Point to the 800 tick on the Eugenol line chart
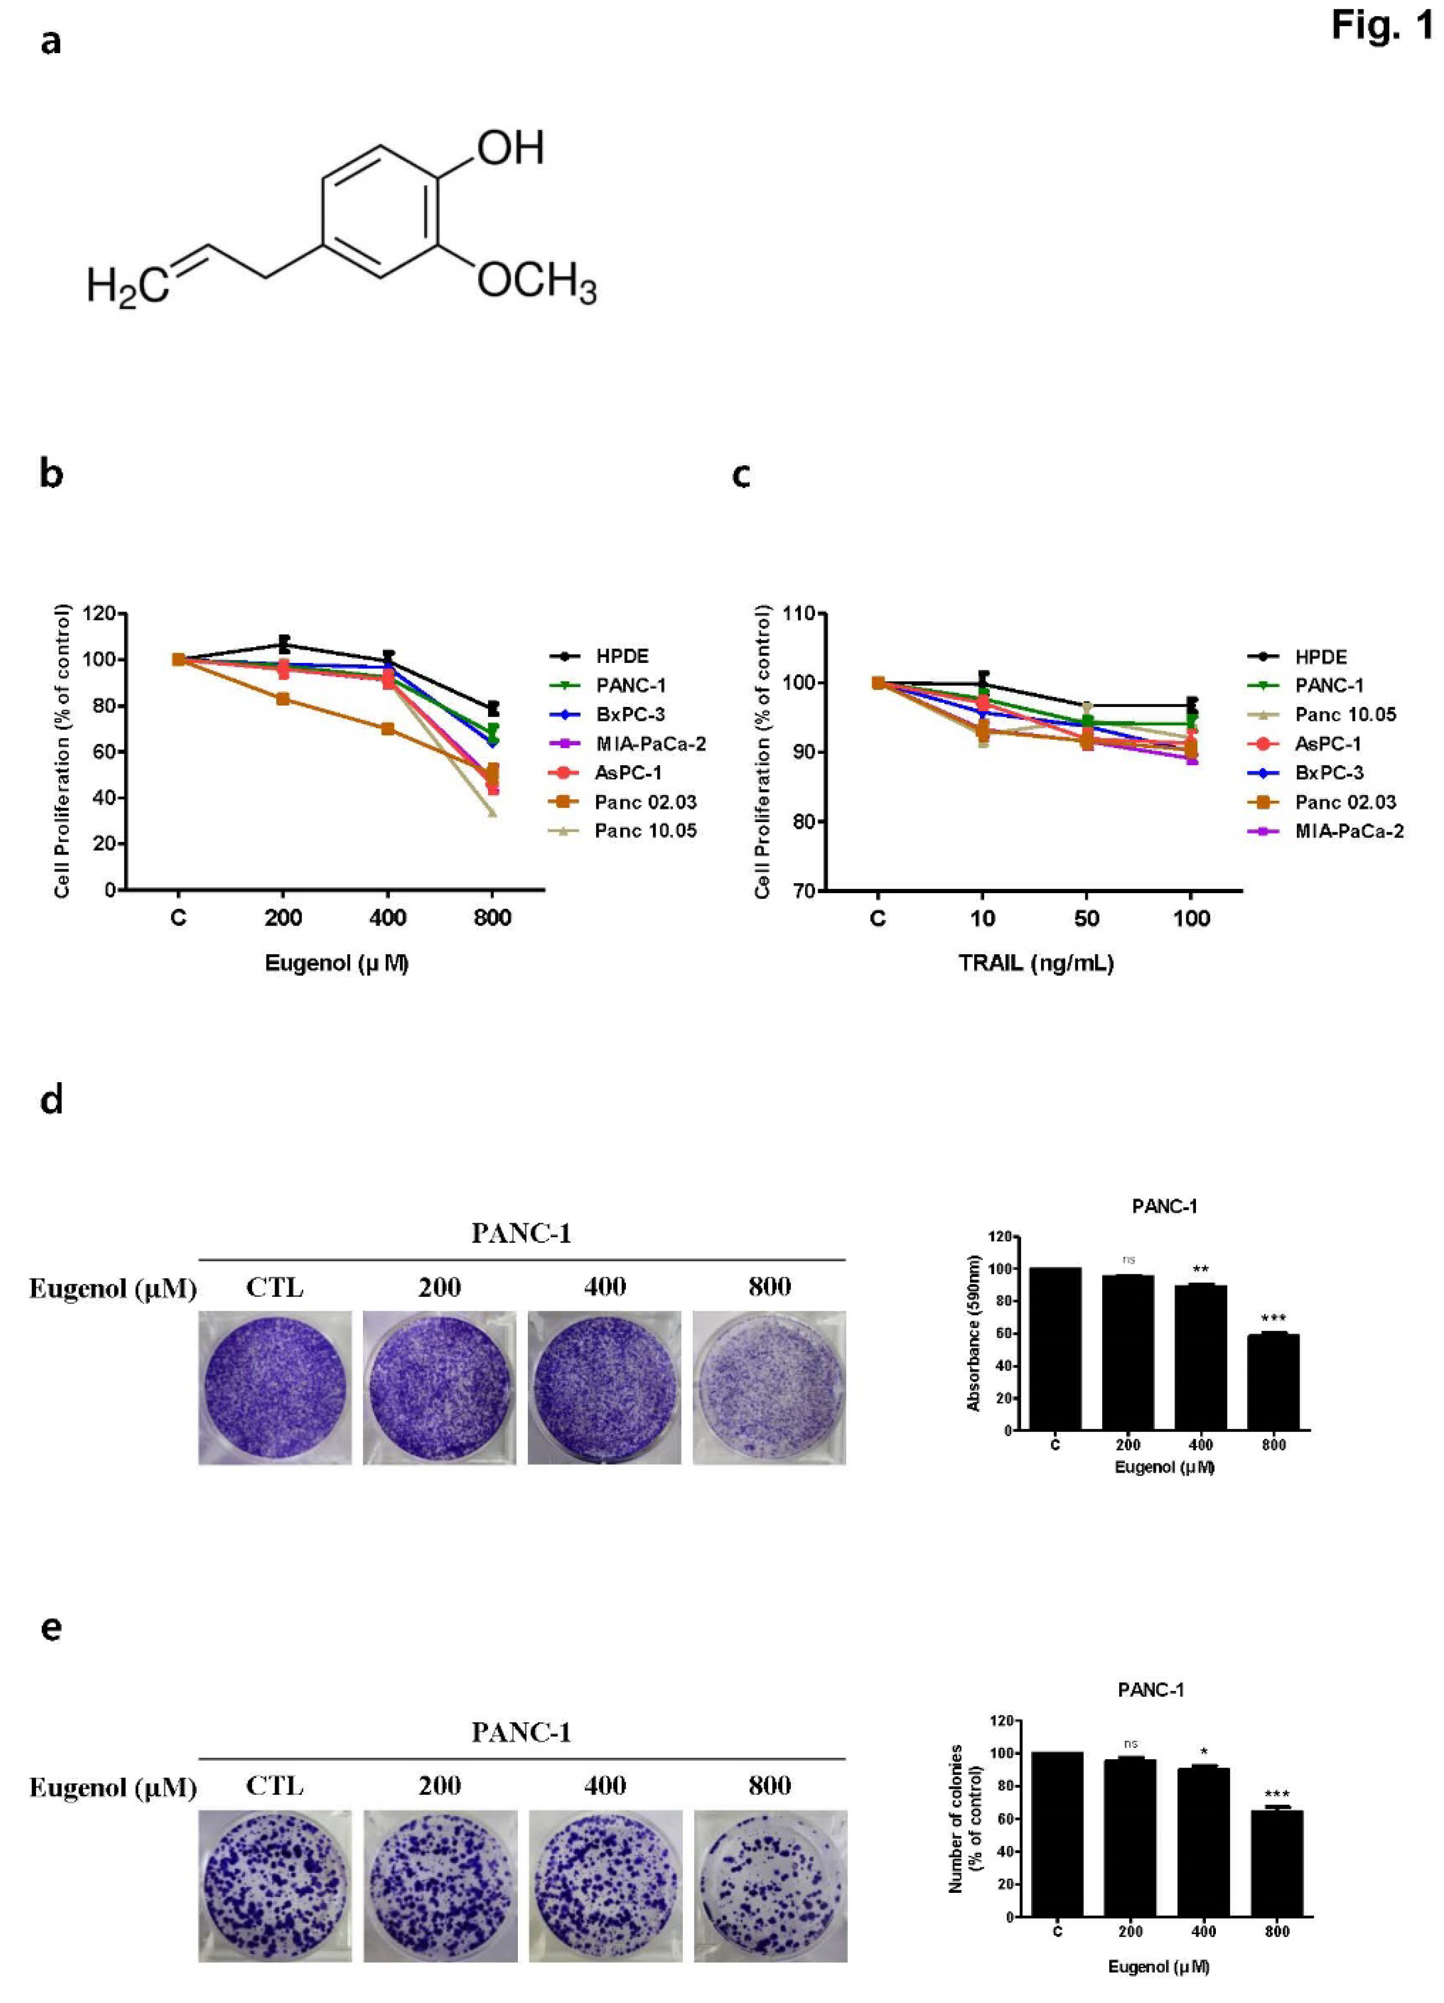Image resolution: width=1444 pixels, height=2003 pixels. pyautogui.click(x=492, y=918)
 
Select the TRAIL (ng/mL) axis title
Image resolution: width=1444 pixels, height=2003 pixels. pyautogui.click(x=1035, y=963)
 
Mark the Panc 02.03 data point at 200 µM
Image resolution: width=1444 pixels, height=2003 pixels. pyautogui.click(x=282, y=698)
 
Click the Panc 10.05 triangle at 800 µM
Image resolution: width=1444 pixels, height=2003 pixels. pyautogui.click(x=492, y=812)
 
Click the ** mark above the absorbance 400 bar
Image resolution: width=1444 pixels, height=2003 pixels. pyautogui.click(x=1200, y=1271)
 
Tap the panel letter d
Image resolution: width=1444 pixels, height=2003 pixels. pyautogui.click(x=51, y=1101)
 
